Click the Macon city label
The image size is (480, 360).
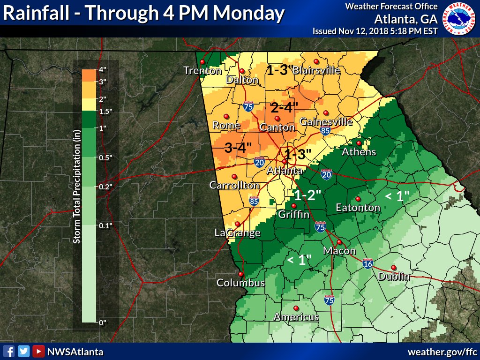pyautogui.click(x=339, y=251)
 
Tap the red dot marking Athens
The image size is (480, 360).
pyautogui.click(x=359, y=143)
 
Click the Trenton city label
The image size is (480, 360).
pyautogui.click(x=202, y=71)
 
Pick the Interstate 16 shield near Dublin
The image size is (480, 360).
pyautogui.click(x=367, y=264)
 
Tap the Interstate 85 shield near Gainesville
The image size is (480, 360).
pyautogui.click(x=325, y=130)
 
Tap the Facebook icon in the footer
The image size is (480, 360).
pyautogui.click(x=8, y=351)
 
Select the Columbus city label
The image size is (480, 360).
pyautogui.click(x=240, y=283)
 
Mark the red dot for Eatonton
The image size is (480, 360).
pyautogui.click(x=358, y=198)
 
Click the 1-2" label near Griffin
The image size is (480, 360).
pyautogui.click(x=307, y=195)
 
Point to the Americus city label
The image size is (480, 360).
pyautogui.click(x=296, y=317)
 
